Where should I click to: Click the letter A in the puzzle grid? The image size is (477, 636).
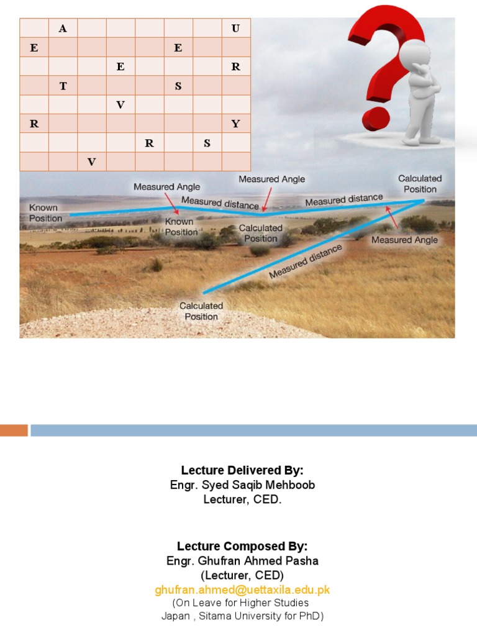click(x=63, y=29)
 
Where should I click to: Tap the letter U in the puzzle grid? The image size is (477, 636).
click(x=235, y=29)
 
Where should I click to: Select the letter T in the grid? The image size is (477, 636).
click(x=63, y=86)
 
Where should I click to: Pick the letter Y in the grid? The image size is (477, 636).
click(x=235, y=124)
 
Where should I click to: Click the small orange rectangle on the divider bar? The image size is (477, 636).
click(x=14, y=430)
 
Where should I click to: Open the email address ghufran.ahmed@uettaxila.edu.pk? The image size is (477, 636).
click(x=242, y=590)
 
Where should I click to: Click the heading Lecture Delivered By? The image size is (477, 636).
click(x=242, y=470)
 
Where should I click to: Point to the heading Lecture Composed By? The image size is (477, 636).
click(x=242, y=547)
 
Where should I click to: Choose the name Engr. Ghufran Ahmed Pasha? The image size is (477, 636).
click(x=242, y=561)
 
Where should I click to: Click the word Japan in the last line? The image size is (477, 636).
click(x=175, y=616)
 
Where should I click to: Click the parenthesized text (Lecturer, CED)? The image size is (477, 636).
click(x=242, y=576)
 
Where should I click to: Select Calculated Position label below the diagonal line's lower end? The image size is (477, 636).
click(x=201, y=311)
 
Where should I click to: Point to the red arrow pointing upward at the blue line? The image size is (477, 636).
click(x=391, y=216)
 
